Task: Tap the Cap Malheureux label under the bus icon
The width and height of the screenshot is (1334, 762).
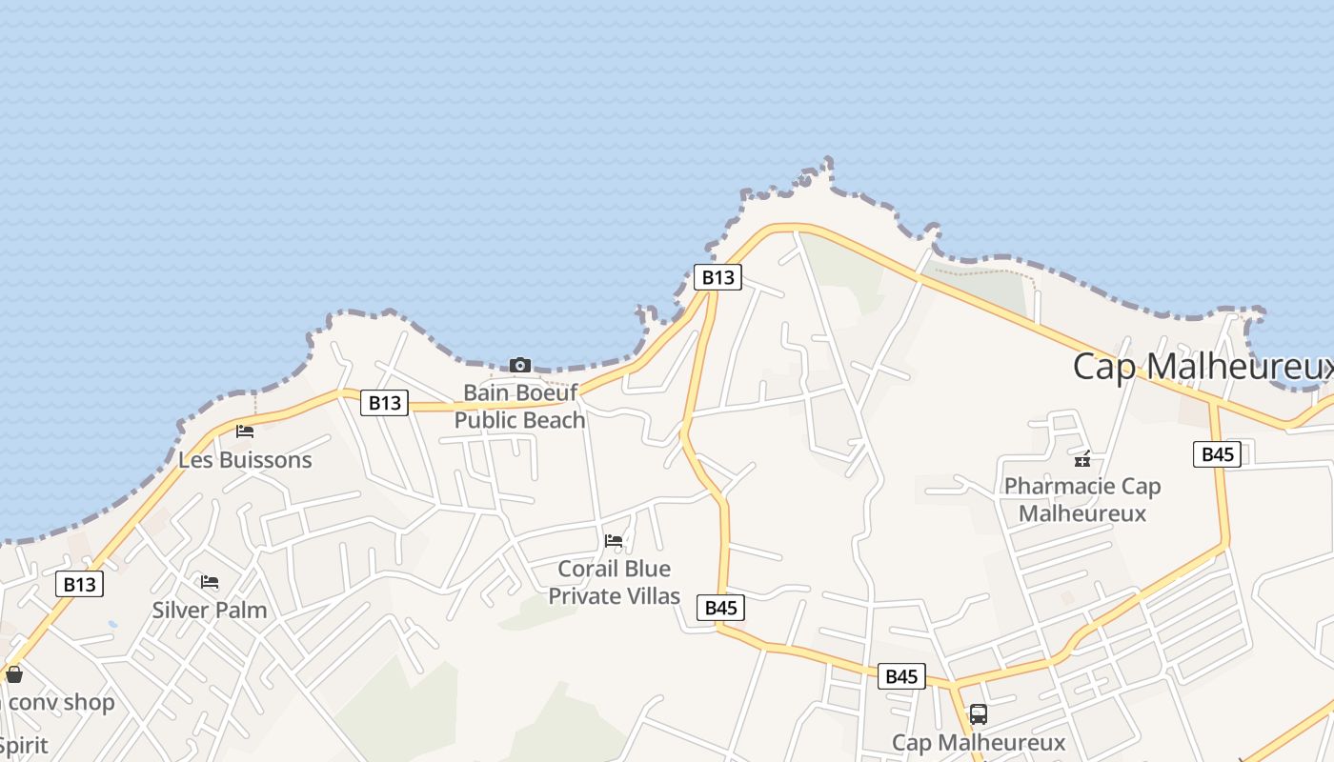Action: click(978, 742)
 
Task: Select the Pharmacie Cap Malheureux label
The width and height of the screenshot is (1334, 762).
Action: click(1082, 500)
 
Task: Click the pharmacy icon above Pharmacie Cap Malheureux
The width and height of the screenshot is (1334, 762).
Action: click(1082, 459)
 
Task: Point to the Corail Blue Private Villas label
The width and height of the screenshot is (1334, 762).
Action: click(614, 582)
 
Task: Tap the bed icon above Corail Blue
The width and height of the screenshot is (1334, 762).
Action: click(614, 541)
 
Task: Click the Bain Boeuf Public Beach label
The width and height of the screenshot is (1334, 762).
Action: click(519, 406)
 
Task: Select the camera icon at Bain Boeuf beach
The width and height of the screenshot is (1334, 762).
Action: click(519, 366)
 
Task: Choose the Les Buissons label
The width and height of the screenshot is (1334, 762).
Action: click(245, 460)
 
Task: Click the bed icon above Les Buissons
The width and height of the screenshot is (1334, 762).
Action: click(245, 431)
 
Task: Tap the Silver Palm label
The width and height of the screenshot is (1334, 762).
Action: click(210, 610)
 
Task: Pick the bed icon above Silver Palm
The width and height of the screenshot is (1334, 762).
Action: click(210, 582)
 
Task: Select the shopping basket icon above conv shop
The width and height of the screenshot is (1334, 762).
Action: click(13, 675)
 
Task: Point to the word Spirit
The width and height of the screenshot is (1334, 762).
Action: click(23, 745)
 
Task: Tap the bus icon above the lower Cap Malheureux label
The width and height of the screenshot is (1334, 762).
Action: click(978, 714)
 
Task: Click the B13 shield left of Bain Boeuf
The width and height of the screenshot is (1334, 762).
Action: click(385, 403)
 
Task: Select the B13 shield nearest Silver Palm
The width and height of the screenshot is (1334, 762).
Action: click(79, 584)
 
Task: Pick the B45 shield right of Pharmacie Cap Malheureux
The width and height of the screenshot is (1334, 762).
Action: click(1218, 454)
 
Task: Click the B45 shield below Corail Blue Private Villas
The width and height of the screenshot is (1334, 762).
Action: click(720, 608)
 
